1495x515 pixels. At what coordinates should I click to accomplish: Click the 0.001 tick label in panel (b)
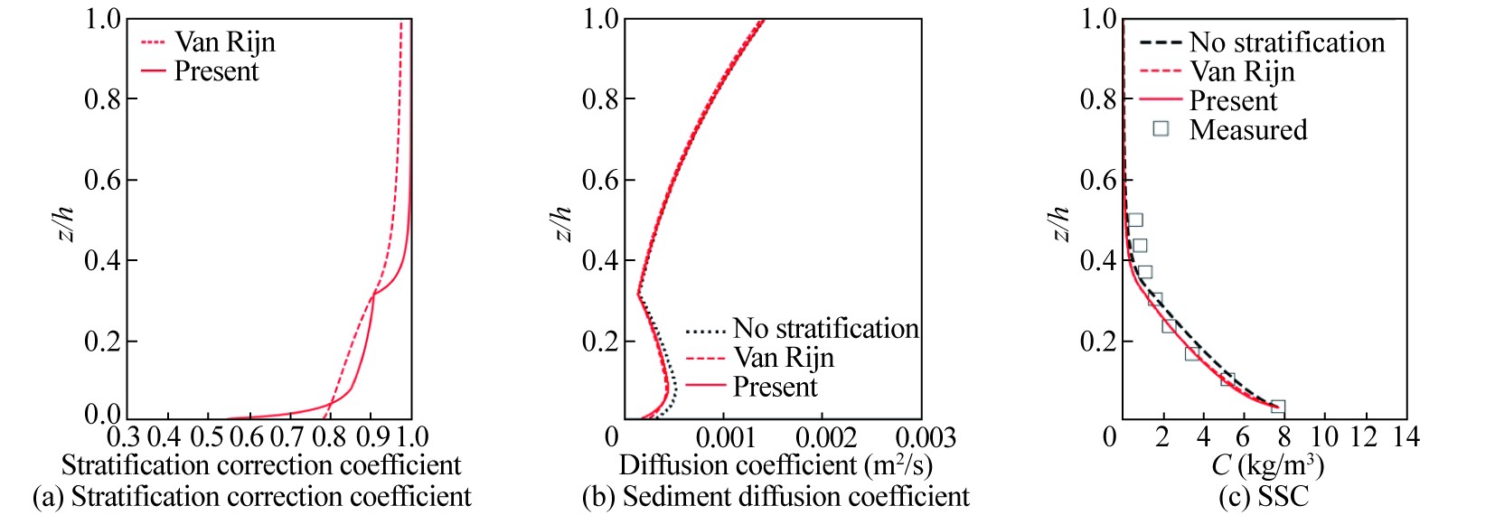(727, 438)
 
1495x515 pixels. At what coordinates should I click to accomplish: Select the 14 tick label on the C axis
(1406, 437)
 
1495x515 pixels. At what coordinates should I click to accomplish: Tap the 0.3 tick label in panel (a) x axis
(124, 437)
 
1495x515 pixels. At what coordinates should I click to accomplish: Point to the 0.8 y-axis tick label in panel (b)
(600, 98)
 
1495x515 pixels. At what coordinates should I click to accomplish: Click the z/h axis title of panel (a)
(64, 223)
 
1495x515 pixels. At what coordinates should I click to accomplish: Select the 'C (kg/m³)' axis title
(1267, 466)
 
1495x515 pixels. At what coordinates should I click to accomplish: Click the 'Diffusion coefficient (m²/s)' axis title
(776, 466)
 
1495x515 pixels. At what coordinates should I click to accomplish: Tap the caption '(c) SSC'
(1263, 496)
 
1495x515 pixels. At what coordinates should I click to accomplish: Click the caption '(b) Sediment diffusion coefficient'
(776, 496)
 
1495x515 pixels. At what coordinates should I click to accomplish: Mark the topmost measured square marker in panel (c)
(1135, 220)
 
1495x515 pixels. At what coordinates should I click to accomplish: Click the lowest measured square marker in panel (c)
(1277, 407)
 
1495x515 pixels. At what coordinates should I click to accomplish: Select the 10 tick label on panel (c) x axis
(1324, 437)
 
